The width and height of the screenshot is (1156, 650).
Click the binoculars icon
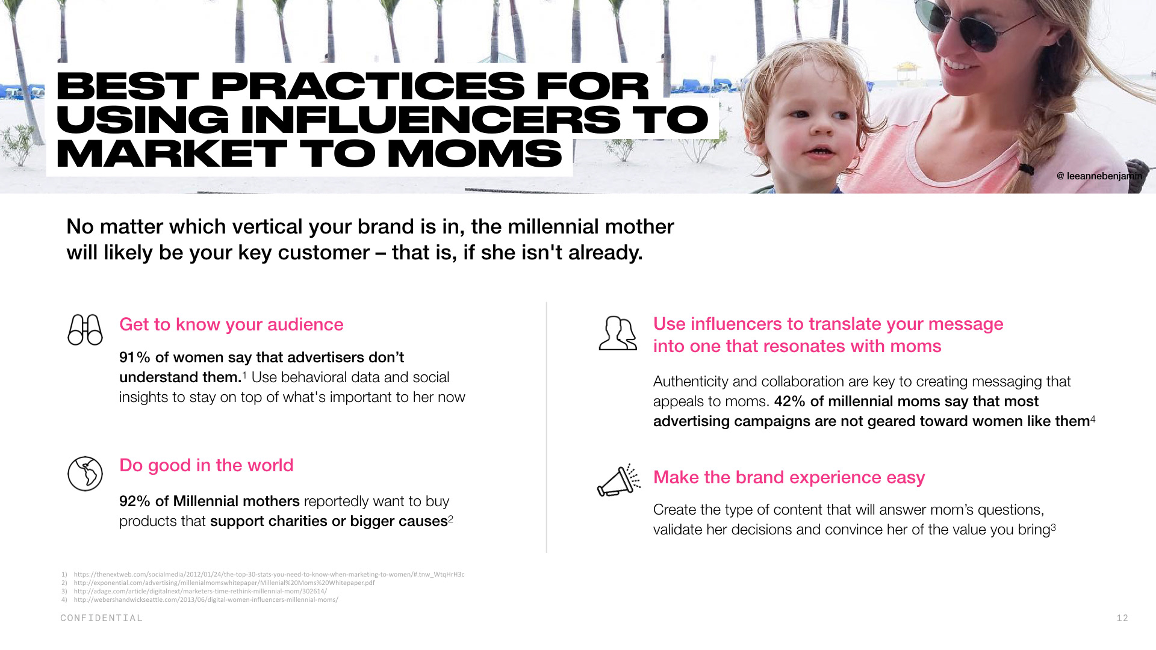85,330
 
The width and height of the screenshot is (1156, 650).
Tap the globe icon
85,474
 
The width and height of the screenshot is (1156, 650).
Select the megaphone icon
618,480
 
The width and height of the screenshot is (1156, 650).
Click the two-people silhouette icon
618,333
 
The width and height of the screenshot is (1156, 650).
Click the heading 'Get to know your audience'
231,324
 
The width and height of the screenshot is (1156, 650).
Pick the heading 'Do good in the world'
207,465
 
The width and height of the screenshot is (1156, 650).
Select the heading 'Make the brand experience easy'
789,477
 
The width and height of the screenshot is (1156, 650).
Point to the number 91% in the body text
135,357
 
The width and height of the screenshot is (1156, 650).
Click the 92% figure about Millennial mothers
135,501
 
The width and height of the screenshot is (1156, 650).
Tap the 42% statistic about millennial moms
790,401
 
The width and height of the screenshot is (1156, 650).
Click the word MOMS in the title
474,153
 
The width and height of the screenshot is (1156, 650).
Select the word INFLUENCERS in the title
430,119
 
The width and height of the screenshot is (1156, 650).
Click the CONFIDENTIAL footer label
102,618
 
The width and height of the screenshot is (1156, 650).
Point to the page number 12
1122,618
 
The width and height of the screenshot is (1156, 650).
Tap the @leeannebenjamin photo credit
1099,176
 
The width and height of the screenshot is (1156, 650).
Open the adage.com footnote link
200,591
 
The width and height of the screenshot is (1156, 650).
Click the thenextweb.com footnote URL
269,574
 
